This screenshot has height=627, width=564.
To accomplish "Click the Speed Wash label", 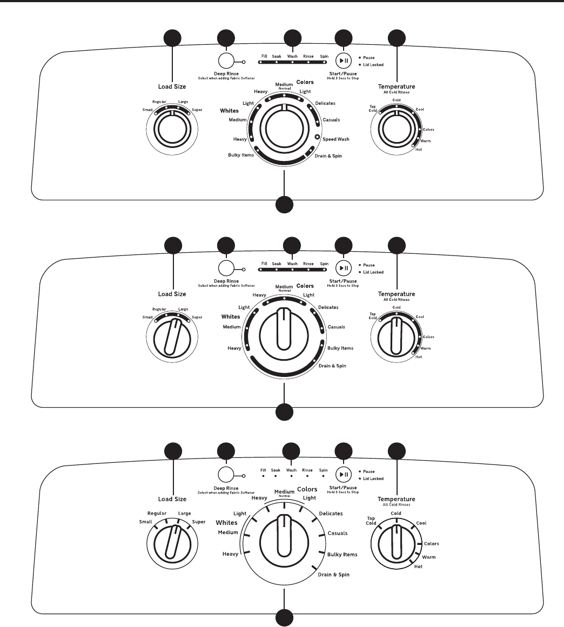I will click(335, 139).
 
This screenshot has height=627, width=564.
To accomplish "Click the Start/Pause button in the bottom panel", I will click(343, 474).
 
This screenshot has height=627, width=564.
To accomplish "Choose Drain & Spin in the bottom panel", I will click(333, 575).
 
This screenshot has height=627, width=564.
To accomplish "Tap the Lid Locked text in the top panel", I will click(373, 65).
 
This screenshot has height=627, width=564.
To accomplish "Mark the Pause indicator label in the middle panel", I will click(369, 265).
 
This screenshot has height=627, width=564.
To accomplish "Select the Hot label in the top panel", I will click(419, 149).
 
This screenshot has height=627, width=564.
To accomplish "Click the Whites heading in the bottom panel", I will click(227, 523).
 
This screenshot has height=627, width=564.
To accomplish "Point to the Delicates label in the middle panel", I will click(328, 307).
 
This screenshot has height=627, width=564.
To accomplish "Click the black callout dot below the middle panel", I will click(285, 413).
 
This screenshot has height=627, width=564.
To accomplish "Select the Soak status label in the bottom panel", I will click(277, 470).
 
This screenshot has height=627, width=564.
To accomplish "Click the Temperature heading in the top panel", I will click(397, 86).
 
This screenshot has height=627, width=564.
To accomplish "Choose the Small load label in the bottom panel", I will click(146, 522).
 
